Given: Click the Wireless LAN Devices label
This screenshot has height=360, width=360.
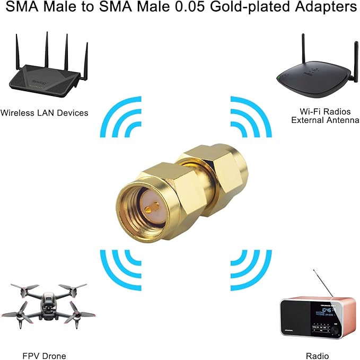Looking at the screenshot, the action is pos(45,112).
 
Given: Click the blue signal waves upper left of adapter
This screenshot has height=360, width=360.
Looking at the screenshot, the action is pos(119,118).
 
